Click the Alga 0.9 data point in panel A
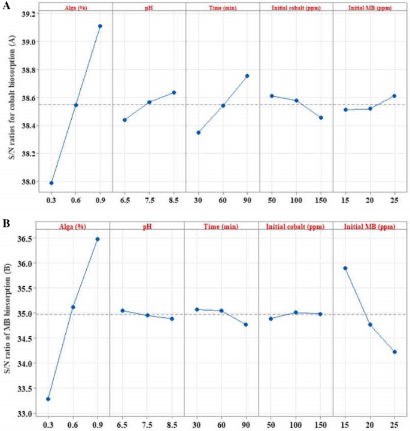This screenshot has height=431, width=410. pos(100,26)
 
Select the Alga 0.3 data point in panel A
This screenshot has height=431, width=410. pos(51,183)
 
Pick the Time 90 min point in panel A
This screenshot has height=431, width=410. pos(247,76)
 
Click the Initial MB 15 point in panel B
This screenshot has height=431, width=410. pos(345,268)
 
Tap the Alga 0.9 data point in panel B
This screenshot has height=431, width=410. pos(98,239)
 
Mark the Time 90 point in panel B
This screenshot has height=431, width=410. pos(246,324)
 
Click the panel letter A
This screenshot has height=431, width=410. pos(5,4)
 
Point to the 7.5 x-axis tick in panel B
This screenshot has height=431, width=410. pos(147,424)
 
